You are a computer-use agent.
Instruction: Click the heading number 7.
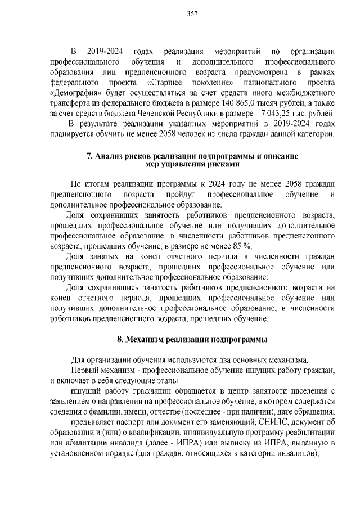89,156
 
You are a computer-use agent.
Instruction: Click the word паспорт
122,422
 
